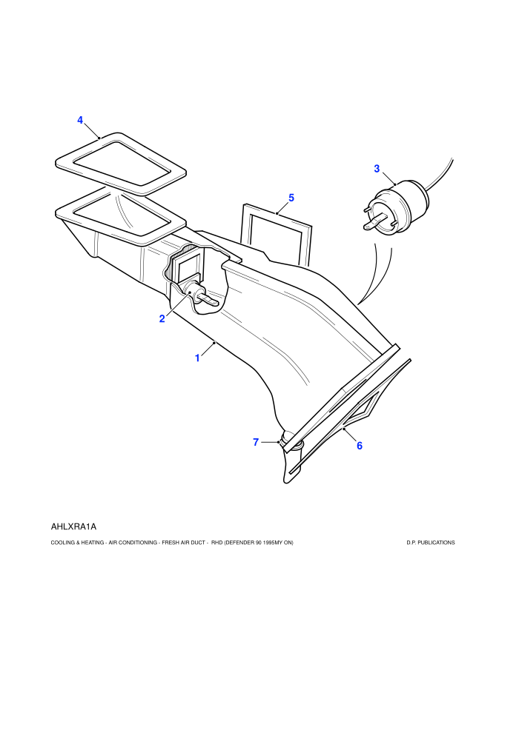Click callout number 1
197,358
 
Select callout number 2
162,319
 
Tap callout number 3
377,169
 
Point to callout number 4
80,120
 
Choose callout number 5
291,198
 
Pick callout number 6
360,446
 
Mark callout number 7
256,442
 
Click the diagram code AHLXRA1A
73,527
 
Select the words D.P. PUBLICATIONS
431,543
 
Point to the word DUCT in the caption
197,543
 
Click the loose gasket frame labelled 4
121,164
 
